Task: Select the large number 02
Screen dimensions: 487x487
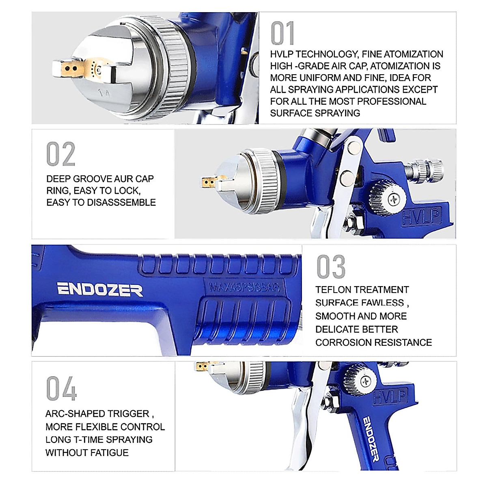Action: tap(61, 154)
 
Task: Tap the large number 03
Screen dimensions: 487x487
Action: tap(331, 267)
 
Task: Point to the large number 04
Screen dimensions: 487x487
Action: tap(61, 388)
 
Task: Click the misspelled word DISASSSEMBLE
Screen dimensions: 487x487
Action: tap(128, 203)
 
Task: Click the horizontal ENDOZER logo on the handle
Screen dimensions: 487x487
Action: tap(100, 290)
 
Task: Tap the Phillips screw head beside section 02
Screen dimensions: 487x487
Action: tap(393, 199)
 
